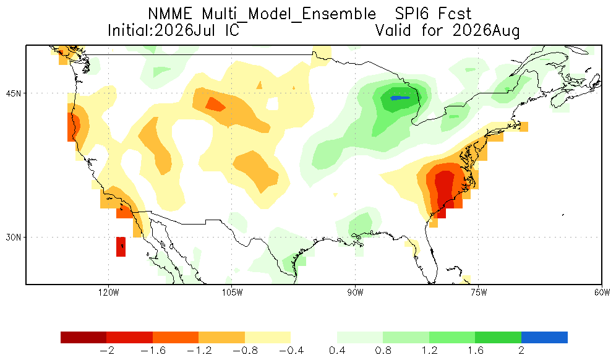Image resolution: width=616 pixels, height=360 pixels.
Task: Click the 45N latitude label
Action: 14,93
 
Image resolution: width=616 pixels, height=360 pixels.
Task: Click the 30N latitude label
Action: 14,238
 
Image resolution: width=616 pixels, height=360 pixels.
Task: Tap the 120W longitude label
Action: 108,293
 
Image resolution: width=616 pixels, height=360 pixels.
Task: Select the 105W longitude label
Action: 232,293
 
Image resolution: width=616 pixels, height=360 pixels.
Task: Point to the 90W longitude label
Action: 355,293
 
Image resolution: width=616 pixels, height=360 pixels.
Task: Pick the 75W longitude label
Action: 479,293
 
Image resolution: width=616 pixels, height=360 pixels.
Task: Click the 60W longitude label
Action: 602,293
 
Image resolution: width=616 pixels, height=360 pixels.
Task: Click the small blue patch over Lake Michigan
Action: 400,98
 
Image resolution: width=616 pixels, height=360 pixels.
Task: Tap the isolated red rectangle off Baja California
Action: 121,247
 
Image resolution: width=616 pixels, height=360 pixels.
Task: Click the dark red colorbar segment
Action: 83,338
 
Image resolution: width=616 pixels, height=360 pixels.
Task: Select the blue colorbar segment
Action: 544,338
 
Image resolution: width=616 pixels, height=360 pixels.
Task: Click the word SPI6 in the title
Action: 411,14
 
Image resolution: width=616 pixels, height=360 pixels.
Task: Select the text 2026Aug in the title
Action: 486,31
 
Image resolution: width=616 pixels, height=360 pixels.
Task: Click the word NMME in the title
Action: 170,14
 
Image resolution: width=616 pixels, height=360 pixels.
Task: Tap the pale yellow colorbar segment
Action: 268,338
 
